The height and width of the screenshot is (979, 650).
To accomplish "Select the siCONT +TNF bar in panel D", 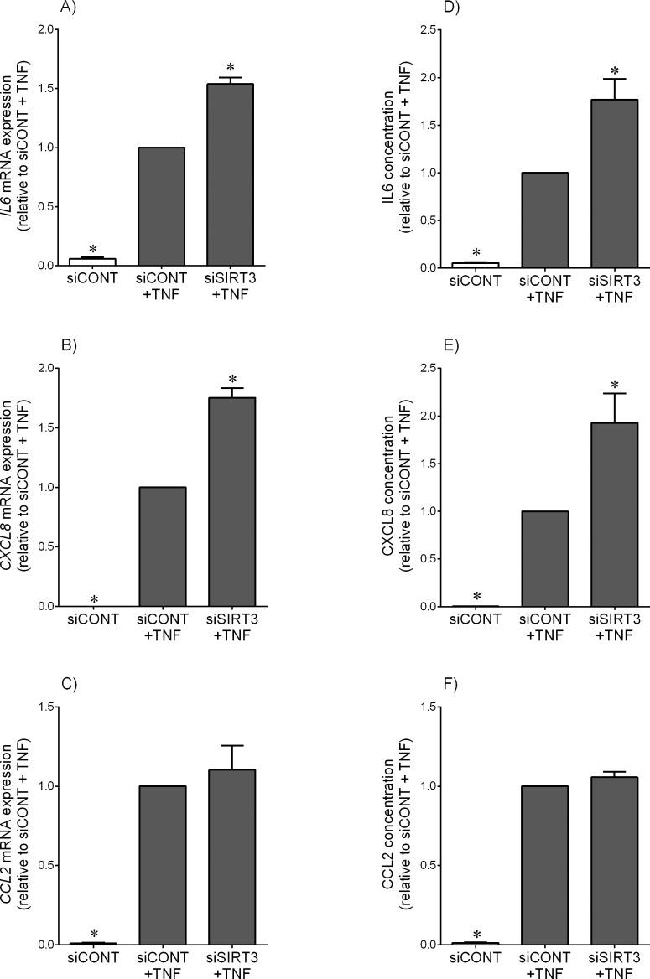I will coord(544,220).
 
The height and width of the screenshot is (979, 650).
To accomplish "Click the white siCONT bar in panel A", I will coord(92,262).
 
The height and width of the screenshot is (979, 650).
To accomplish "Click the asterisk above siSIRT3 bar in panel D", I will coord(614,71).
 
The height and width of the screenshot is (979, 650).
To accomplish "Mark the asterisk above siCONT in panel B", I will coord(94,599).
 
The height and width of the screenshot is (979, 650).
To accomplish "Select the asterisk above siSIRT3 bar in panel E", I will coord(614,386).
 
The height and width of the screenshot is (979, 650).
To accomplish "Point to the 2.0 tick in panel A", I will coord(46,29).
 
